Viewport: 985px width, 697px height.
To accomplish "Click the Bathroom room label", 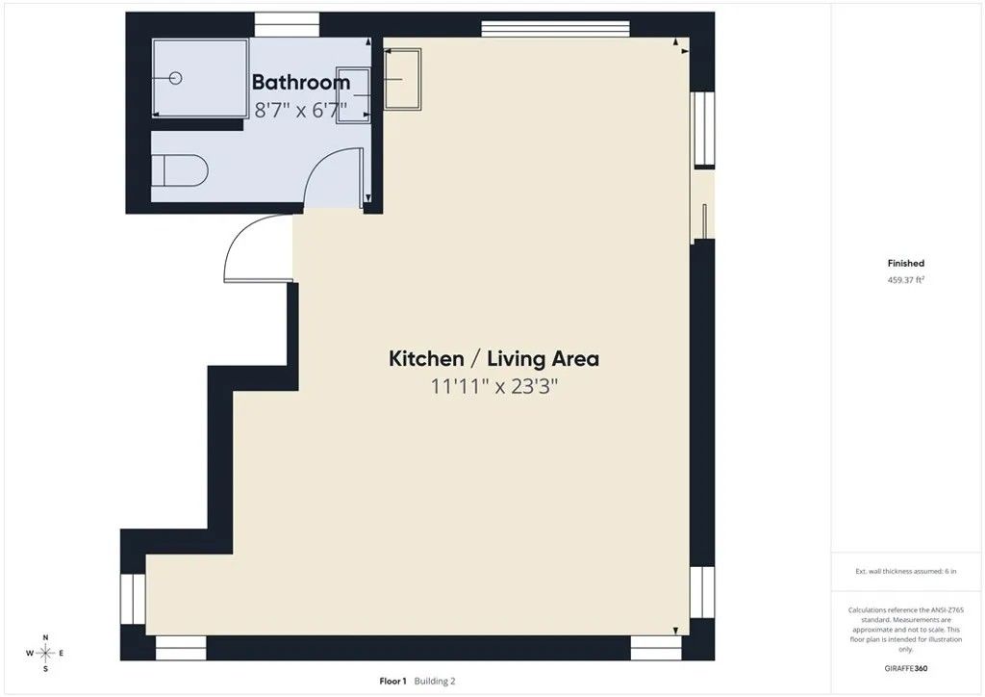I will pyautogui.click(x=300, y=83).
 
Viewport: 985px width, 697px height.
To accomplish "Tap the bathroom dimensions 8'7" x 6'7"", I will pyautogui.click(x=300, y=109).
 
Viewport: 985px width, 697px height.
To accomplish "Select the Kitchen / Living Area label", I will pyautogui.click(x=493, y=359).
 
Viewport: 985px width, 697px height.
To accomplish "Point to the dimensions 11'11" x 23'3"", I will pyautogui.click(x=493, y=387).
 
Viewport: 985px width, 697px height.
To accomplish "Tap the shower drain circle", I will pyautogui.click(x=175, y=78).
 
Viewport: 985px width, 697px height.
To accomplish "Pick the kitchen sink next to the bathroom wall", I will pyautogui.click(x=404, y=78).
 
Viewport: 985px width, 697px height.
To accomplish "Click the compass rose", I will pyautogui.click(x=44, y=653).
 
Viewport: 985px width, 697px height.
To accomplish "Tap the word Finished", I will pyautogui.click(x=905, y=263).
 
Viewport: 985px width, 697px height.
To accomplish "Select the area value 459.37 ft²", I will pyautogui.click(x=905, y=280).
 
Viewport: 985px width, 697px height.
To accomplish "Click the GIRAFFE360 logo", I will pyautogui.click(x=905, y=667).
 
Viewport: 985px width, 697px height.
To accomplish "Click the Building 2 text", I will pyautogui.click(x=435, y=681).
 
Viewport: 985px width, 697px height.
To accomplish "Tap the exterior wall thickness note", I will pyautogui.click(x=905, y=571).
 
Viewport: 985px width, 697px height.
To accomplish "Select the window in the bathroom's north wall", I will pyautogui.click(x=287, y=25).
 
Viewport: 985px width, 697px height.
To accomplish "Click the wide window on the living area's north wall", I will pyautogui.click(x=555, y=26).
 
